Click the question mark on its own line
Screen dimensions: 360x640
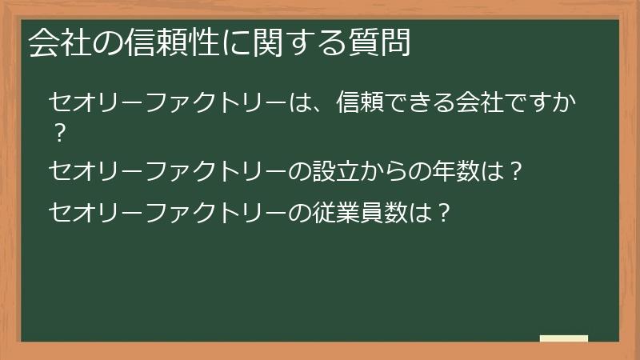pyautogui.click(x=57, y=134)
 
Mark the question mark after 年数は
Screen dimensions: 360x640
pyautogui.click(x=516, y=170)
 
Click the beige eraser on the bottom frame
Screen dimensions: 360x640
pyautogui.click(x=564, y=339)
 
